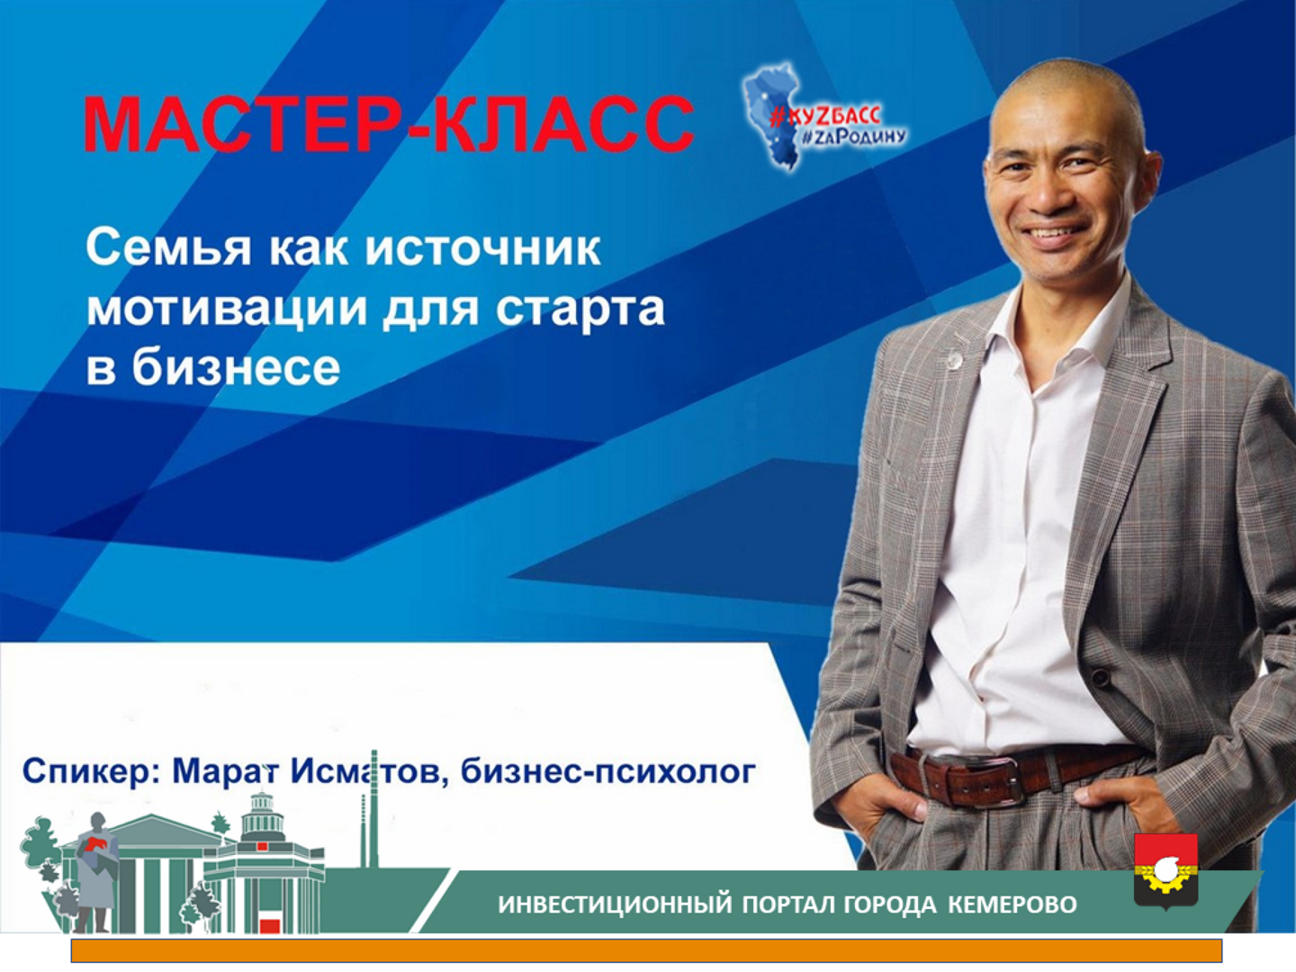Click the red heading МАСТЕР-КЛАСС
click(x=389, y=124)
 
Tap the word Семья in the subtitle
click(x=169, y=247)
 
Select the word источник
click(x=483, y=247)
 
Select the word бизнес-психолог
click(x=608, y=772)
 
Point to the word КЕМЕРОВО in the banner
click(x=1012, y=904)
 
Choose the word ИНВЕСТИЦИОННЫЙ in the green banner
click(x=616, y=904)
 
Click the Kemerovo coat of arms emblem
click(x=1165, y=871)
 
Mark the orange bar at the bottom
click(x=646, y=950)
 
